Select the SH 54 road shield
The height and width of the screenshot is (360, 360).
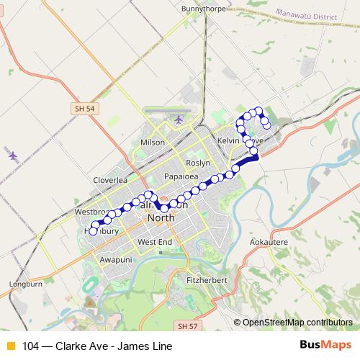[x=84, y=108]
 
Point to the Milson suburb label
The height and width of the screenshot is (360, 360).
[x=153, y=143]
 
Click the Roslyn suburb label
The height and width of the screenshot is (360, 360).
[x=198, y=163]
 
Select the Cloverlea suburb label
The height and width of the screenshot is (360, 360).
[x=110, y=180]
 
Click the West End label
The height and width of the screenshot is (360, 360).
[x=155, y=242]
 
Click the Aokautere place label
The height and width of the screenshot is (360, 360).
[x=269, y=244]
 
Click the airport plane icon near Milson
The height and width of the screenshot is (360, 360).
[x=179, y=119]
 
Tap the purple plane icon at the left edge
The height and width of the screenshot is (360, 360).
[x=12, y=154]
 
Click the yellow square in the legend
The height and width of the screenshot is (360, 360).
[x=10, y=346]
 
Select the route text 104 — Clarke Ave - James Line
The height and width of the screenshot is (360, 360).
[x=97, y=346]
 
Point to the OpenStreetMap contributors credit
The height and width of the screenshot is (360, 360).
[x=297, y=322]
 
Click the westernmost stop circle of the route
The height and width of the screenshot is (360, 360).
[x=93, y=232]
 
